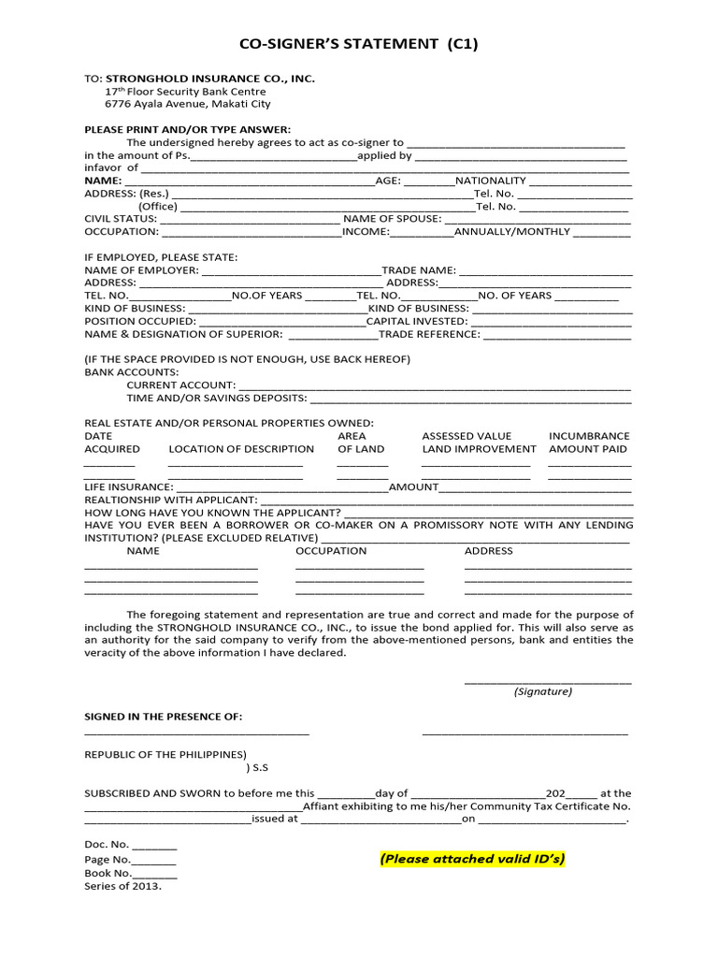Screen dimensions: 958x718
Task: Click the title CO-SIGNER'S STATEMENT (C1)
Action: [x=359, y=44]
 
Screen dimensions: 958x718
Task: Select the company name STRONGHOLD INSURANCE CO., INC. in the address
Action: [x=210, y=79]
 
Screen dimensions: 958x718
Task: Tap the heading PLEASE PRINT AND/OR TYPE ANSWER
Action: [x=188, y=128]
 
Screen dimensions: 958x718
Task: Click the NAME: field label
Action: [x=103, y=180]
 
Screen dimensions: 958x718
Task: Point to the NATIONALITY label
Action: [x=492, y=180]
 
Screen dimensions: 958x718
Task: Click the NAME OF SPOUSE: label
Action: [x=392, y=218]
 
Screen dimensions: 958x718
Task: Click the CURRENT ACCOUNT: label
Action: [x=180, y=385]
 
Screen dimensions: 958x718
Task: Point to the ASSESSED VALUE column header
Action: [x=467, y=436]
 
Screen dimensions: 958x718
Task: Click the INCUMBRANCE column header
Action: [x=589, y=436]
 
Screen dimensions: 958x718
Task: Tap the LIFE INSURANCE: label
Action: [x=128, y=487]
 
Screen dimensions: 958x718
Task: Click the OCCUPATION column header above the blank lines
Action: [x=331, y=551]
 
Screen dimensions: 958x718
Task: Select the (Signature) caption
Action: [x=543, y=691]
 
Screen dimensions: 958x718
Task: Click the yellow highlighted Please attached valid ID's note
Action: [x=472, y=859]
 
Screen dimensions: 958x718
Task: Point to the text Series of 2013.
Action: [x=122, y=886]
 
